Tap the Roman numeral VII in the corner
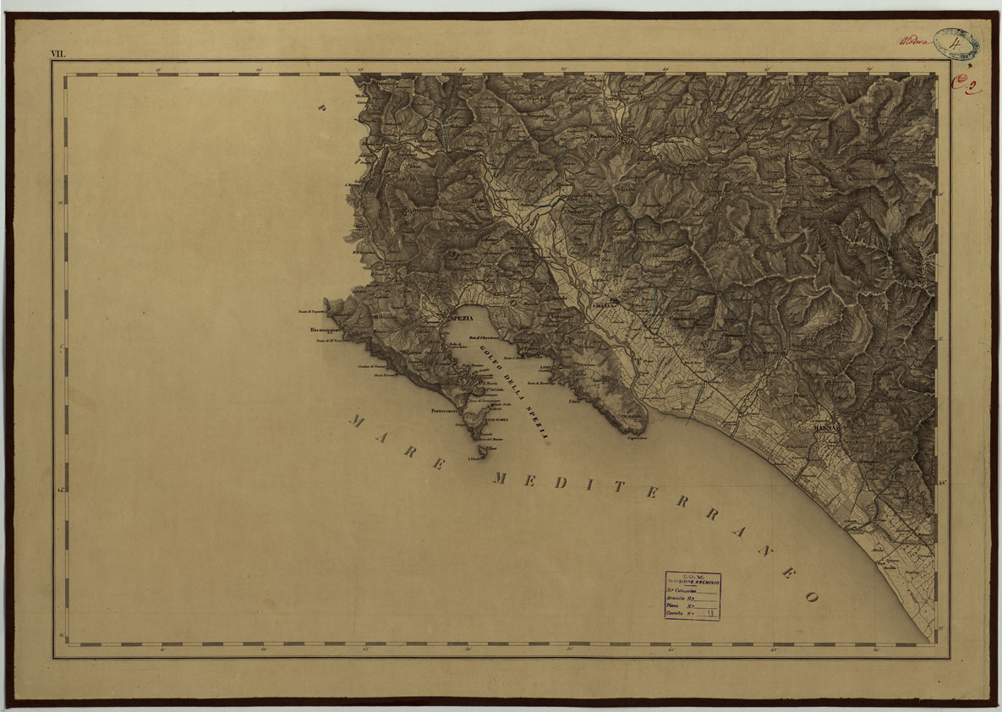57,54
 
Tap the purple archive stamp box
692,596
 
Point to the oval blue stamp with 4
955,42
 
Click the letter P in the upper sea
321,107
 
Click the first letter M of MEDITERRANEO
500,479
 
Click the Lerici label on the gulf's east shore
546,368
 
